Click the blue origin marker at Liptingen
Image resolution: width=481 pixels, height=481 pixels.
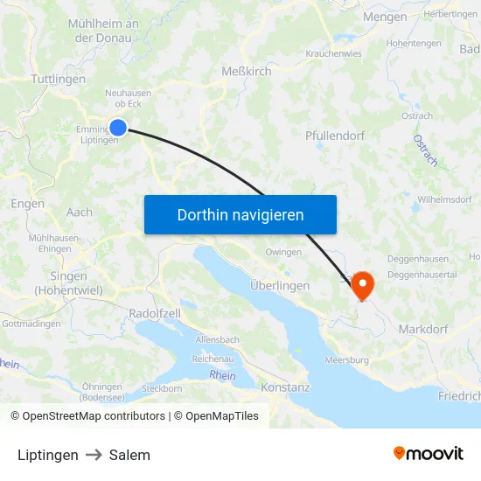point(118,128)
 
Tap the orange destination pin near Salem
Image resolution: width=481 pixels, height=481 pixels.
point(360,285)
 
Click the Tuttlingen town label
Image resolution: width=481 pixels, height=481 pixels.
point(58,79)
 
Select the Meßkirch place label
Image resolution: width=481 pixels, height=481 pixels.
point(246,72)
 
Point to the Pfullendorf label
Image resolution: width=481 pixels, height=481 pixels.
point(335,136)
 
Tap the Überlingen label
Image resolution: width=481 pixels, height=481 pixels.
point(280,286)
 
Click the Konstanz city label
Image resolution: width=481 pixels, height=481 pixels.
point(285,387)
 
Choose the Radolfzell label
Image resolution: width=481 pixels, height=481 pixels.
point(155,314)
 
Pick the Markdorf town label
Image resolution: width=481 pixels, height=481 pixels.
point(424,329)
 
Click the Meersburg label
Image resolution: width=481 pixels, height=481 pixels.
point(346,359)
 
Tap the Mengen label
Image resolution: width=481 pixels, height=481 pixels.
point(386,17)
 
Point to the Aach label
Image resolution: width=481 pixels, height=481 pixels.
point(79,213)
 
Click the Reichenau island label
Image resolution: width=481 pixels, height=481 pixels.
point(213,359)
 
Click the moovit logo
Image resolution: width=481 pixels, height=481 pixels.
point(429,454)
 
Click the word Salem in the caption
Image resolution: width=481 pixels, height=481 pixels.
point(129,455)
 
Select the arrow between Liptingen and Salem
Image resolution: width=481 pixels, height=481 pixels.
point(94,455)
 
